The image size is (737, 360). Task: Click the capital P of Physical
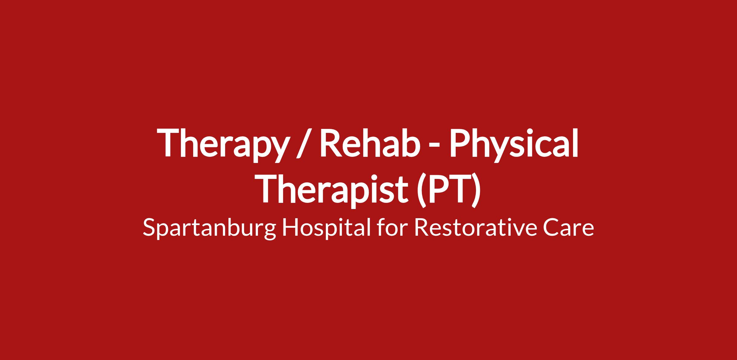pos(462,142)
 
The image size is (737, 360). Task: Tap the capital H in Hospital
pos(290,228)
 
